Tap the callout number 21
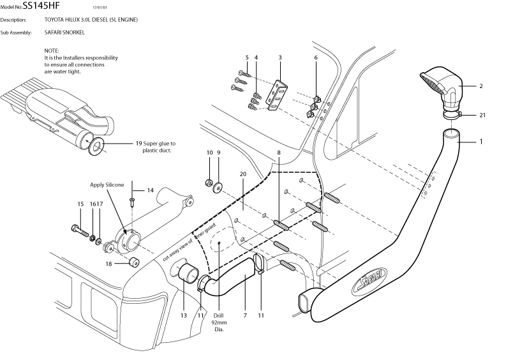click(x=482, y=115)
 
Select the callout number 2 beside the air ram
click(x=481, y=85)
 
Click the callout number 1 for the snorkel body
click(x=481, y=142)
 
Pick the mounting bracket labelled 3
click(x=278, y=94)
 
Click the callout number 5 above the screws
click(x=246, y=58)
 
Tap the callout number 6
click(x=315, y=58)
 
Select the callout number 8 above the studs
click(x=278, y=153)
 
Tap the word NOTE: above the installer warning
click(x=52, y=50)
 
